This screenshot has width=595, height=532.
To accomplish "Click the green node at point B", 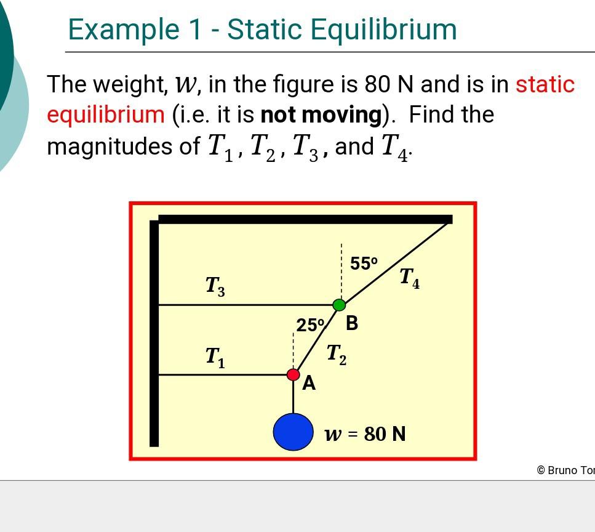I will tap(339, 305).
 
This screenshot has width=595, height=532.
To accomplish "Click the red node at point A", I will tap(294, 374).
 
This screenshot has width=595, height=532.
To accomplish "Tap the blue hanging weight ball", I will tap(294, 431).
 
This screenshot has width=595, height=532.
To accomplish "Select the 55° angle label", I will tap(364, 263).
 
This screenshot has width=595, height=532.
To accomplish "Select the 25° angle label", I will tap(310, 325).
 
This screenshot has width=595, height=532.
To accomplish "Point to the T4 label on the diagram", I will tap(409, 278).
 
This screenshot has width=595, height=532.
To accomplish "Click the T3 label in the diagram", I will tap(215, 286).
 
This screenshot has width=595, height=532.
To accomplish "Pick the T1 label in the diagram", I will tap(215, 357).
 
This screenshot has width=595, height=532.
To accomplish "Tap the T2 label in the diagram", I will tap(336, 354).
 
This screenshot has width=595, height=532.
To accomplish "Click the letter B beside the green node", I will tap(352, 323).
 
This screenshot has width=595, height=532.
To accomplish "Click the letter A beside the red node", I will tap(309, 383).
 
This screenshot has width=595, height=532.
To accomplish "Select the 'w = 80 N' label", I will tap(365, 433).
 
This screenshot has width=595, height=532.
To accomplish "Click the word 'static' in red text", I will tap(545, 84).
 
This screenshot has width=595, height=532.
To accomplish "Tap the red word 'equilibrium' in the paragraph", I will tap(106, 115).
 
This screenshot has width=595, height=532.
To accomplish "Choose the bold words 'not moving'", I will tap(321, 115).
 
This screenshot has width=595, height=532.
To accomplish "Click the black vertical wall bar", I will tap(154, 332).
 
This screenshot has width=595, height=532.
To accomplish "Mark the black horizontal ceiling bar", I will tap(305, 219).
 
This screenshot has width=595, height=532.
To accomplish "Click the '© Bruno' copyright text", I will tap(565, 470).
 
